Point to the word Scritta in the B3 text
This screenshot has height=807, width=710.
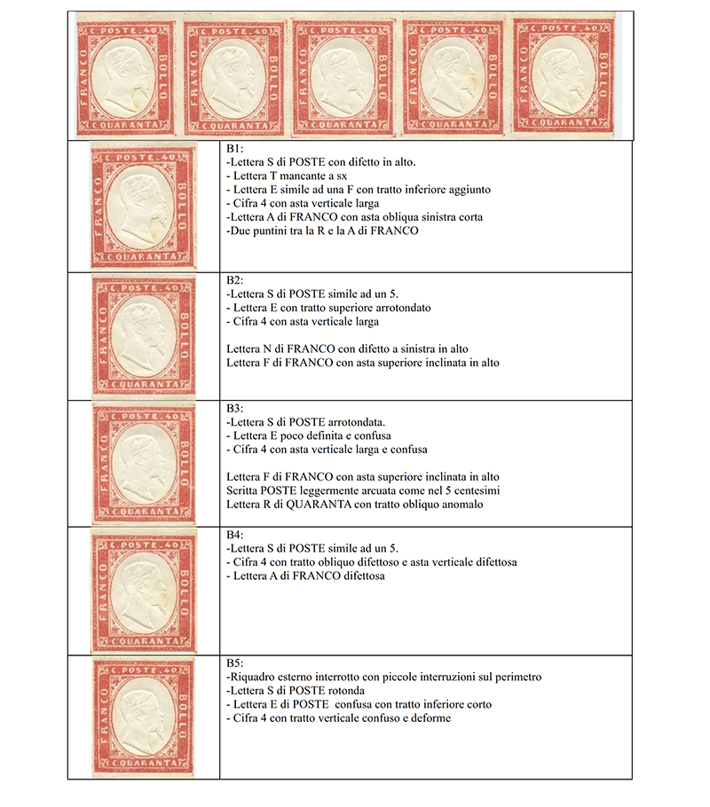click(x=244, y=491)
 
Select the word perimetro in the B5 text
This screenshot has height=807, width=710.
click(x=514, y=678)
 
